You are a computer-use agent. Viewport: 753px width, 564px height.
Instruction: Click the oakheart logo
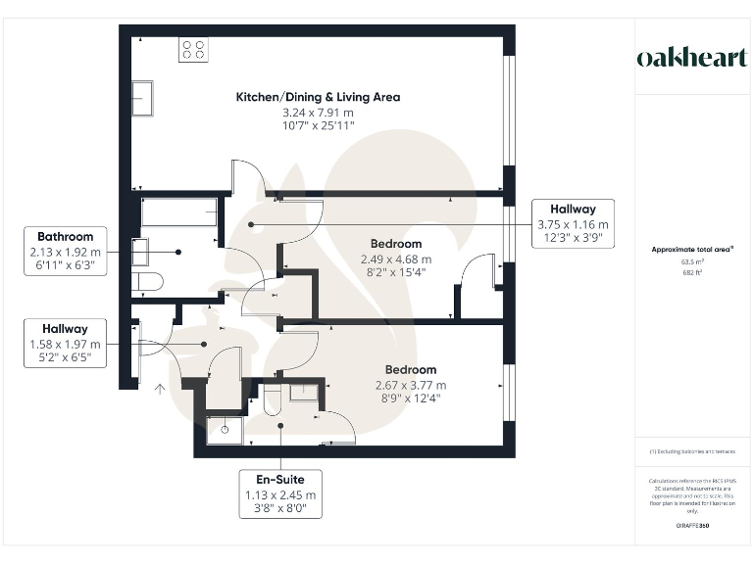click(691, 58)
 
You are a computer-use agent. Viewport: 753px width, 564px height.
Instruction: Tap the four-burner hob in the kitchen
click(193, 50)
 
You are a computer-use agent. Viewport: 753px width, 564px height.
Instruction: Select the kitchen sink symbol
click(142, 98)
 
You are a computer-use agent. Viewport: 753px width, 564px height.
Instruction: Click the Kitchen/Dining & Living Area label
click(318, 98)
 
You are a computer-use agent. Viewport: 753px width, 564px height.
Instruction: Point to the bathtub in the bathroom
click(179, 211)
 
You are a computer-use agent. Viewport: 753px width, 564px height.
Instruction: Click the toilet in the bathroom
click(147, 282)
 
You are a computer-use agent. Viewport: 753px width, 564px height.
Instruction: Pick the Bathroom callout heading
click(66, 237)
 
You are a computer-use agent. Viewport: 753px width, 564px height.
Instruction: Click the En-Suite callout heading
click(280, 480)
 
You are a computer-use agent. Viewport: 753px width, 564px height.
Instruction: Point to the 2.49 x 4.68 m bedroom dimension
click(396, 259)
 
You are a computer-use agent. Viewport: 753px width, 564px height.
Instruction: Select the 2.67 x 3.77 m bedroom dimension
click(410, 385)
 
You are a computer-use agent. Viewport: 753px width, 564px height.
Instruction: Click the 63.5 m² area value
click(692, 262)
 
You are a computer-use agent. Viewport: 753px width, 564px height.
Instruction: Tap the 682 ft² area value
click(692, 273)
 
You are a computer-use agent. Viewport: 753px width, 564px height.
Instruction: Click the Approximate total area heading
click(692, 250)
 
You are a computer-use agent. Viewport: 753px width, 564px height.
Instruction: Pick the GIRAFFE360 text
click(692, 527)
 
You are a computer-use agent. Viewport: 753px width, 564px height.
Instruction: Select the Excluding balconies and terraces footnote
click(692, 450)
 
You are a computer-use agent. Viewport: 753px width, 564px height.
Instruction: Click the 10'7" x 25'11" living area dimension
click(318, 126)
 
